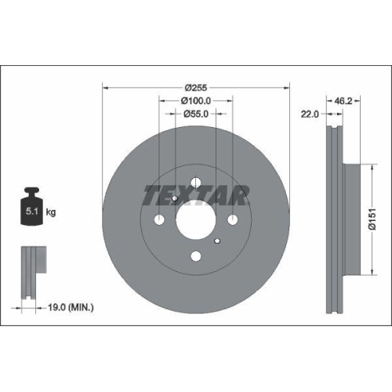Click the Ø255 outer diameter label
[196, 88]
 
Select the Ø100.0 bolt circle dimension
[196, 101]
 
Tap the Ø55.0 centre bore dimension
[196, 114]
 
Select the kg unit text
[50, 212]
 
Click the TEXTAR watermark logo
[196, 192]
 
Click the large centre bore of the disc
[195, 220]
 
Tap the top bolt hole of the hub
[195, 182]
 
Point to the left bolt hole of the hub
[158, 220]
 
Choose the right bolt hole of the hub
[233, 220]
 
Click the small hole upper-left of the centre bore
[174, 198]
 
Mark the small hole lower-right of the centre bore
[217, 241]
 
